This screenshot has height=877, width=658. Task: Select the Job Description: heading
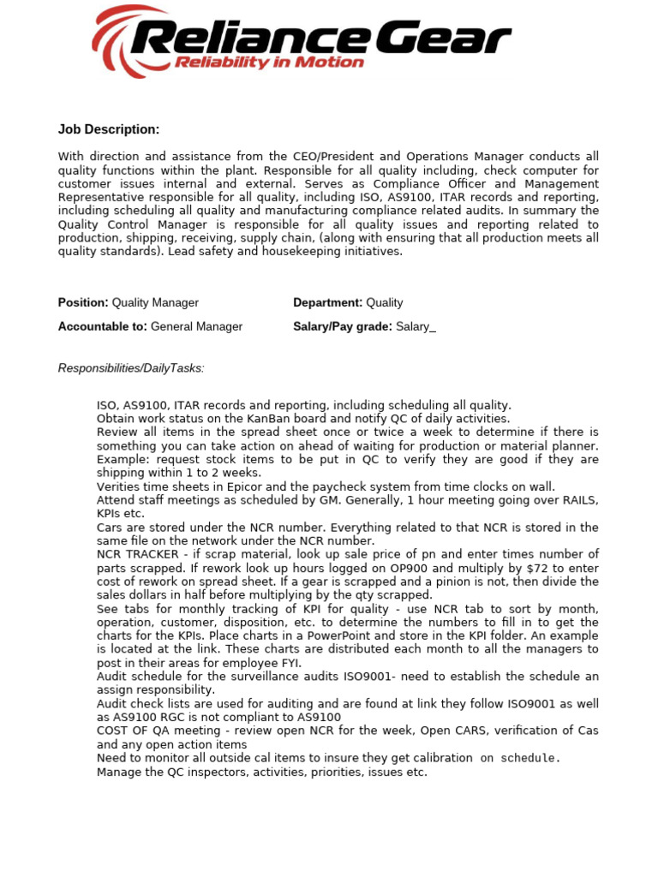109,129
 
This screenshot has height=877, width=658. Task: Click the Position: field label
83,302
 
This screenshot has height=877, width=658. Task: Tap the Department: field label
327,302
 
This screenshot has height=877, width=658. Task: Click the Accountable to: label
102,326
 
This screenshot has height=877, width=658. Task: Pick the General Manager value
196,326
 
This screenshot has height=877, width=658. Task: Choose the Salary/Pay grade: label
343,326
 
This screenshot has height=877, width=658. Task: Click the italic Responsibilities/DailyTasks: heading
131,368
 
